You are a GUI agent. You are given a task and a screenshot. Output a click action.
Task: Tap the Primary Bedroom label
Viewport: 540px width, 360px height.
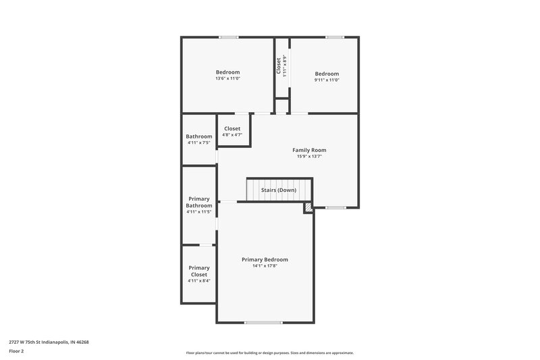(265, 259)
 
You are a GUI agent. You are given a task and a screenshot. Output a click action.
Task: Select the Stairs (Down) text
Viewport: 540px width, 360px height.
(279, 190)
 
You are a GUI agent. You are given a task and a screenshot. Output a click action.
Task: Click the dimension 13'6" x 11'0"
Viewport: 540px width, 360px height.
(227, 79)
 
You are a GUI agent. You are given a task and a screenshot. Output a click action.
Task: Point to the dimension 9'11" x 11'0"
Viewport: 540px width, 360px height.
(327, 80)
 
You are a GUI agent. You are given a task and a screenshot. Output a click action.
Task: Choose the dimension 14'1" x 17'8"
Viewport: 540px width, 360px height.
(265, 266)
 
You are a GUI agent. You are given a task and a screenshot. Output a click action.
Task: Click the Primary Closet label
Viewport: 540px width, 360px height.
(199, 272)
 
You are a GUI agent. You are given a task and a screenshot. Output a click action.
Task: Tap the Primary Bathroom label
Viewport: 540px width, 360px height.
(199, 203)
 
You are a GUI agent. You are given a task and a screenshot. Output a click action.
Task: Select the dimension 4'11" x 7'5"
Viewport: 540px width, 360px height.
(199, 143)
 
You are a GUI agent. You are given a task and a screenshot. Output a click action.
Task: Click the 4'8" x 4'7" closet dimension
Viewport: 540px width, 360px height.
(232, 135)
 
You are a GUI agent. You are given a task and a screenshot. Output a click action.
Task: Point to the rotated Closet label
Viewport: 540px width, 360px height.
(279, 66)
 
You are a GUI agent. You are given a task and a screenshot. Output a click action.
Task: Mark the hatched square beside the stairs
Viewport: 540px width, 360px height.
(308, 208)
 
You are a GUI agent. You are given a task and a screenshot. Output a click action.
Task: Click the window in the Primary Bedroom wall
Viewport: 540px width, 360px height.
(263, 322)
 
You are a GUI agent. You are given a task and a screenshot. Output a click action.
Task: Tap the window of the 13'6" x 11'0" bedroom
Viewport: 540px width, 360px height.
(228, 37)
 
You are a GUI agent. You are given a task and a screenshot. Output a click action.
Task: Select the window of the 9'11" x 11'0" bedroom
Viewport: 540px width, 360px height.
(335, 37)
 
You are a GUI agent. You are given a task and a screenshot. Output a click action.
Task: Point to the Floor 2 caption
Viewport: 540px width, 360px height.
(16, 351)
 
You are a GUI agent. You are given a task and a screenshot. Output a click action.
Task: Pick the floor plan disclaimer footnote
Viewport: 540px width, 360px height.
(269, 353)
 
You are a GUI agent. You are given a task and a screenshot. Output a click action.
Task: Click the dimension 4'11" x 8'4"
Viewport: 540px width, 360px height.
(199, 281)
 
